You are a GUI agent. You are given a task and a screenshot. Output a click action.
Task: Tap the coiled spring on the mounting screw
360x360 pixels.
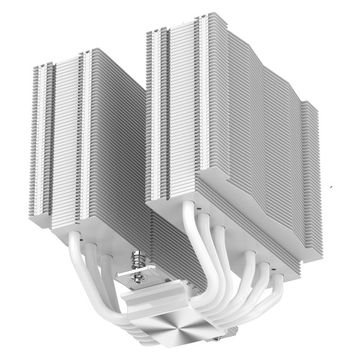click(x=139, y=262)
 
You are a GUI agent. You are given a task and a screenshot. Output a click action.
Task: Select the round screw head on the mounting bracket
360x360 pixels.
click(x=139, y=277)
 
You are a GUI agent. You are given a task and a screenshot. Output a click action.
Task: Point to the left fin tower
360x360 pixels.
click(x=90, y=144)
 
